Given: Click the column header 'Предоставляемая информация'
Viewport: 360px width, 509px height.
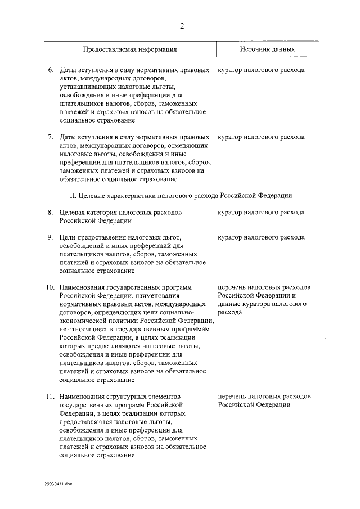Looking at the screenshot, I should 130,49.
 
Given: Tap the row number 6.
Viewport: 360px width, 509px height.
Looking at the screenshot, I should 51,70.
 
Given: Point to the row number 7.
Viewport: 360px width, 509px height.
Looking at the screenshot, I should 51,137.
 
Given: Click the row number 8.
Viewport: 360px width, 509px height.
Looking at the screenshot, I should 51,212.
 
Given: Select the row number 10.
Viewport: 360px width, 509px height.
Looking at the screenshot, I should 49,287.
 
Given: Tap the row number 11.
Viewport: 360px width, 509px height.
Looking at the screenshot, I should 49,396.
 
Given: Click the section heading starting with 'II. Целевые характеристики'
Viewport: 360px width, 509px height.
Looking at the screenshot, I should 181,195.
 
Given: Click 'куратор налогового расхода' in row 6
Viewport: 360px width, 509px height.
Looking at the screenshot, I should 261,70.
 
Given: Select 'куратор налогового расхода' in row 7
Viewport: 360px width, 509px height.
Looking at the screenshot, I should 261,137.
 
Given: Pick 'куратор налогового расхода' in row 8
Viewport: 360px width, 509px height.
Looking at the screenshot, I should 261,212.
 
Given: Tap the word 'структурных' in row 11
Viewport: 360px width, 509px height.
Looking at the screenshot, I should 124,396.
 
